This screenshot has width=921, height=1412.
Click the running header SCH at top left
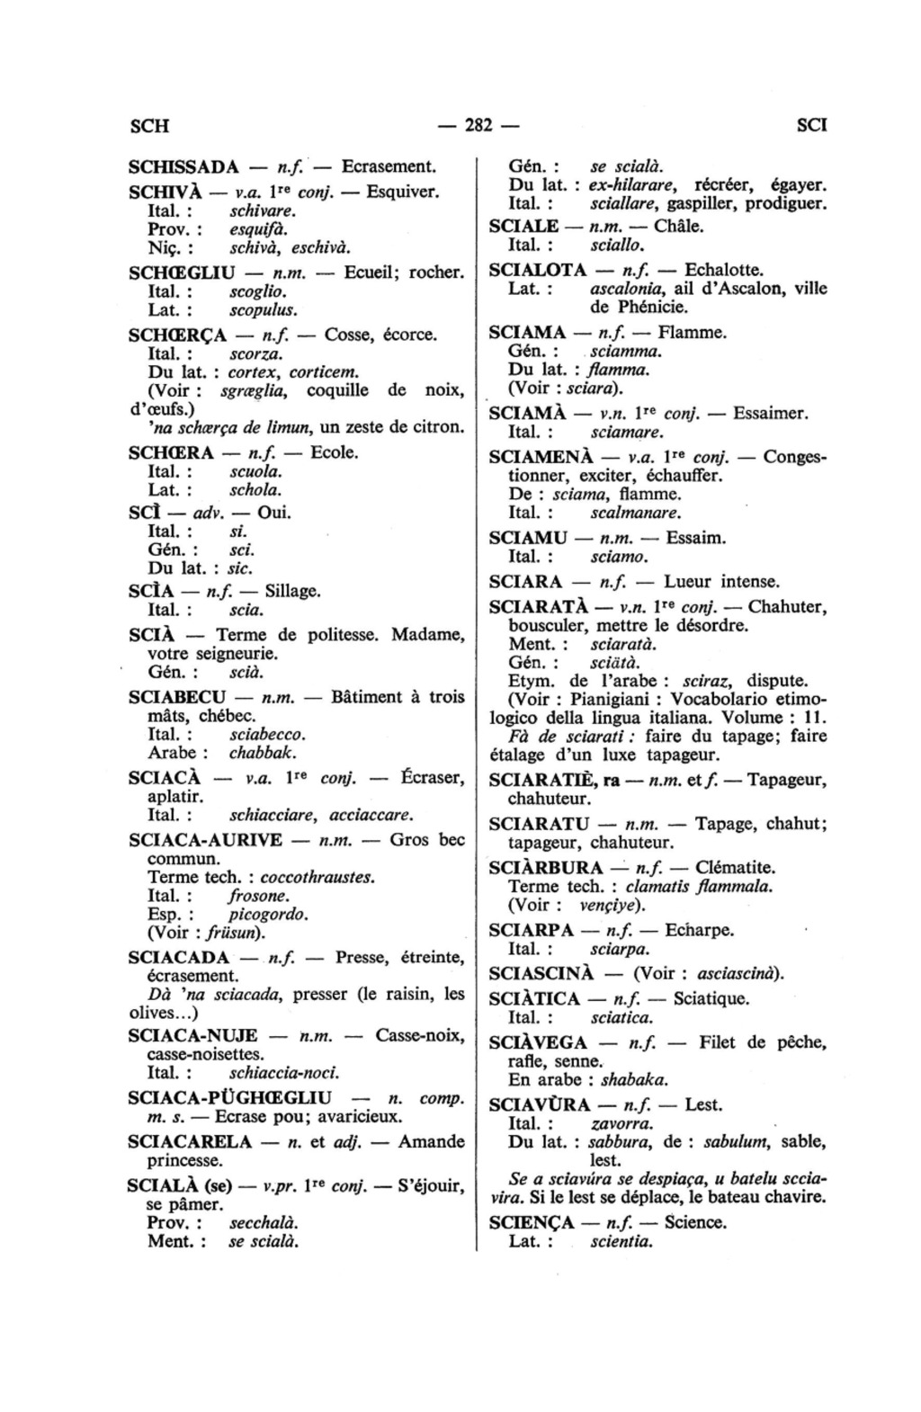(x=149, y=125)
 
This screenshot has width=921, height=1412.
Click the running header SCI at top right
(x=811, y=125)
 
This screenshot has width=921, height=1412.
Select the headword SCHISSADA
(x=183, y=166)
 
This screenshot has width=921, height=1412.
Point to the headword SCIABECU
(x=176, y=697)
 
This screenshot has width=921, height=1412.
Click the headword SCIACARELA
(x=190, y=1142)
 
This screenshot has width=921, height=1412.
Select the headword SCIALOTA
(x=538, y=270)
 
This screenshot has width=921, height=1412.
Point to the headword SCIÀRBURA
(x=546, y=868)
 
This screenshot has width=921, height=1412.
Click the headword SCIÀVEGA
(x=538, y=1043)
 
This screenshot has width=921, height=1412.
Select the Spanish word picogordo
(x=269, y=915)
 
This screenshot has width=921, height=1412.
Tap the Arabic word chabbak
(x=263, y=753)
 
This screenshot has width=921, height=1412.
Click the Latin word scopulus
(x=263, y=310)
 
